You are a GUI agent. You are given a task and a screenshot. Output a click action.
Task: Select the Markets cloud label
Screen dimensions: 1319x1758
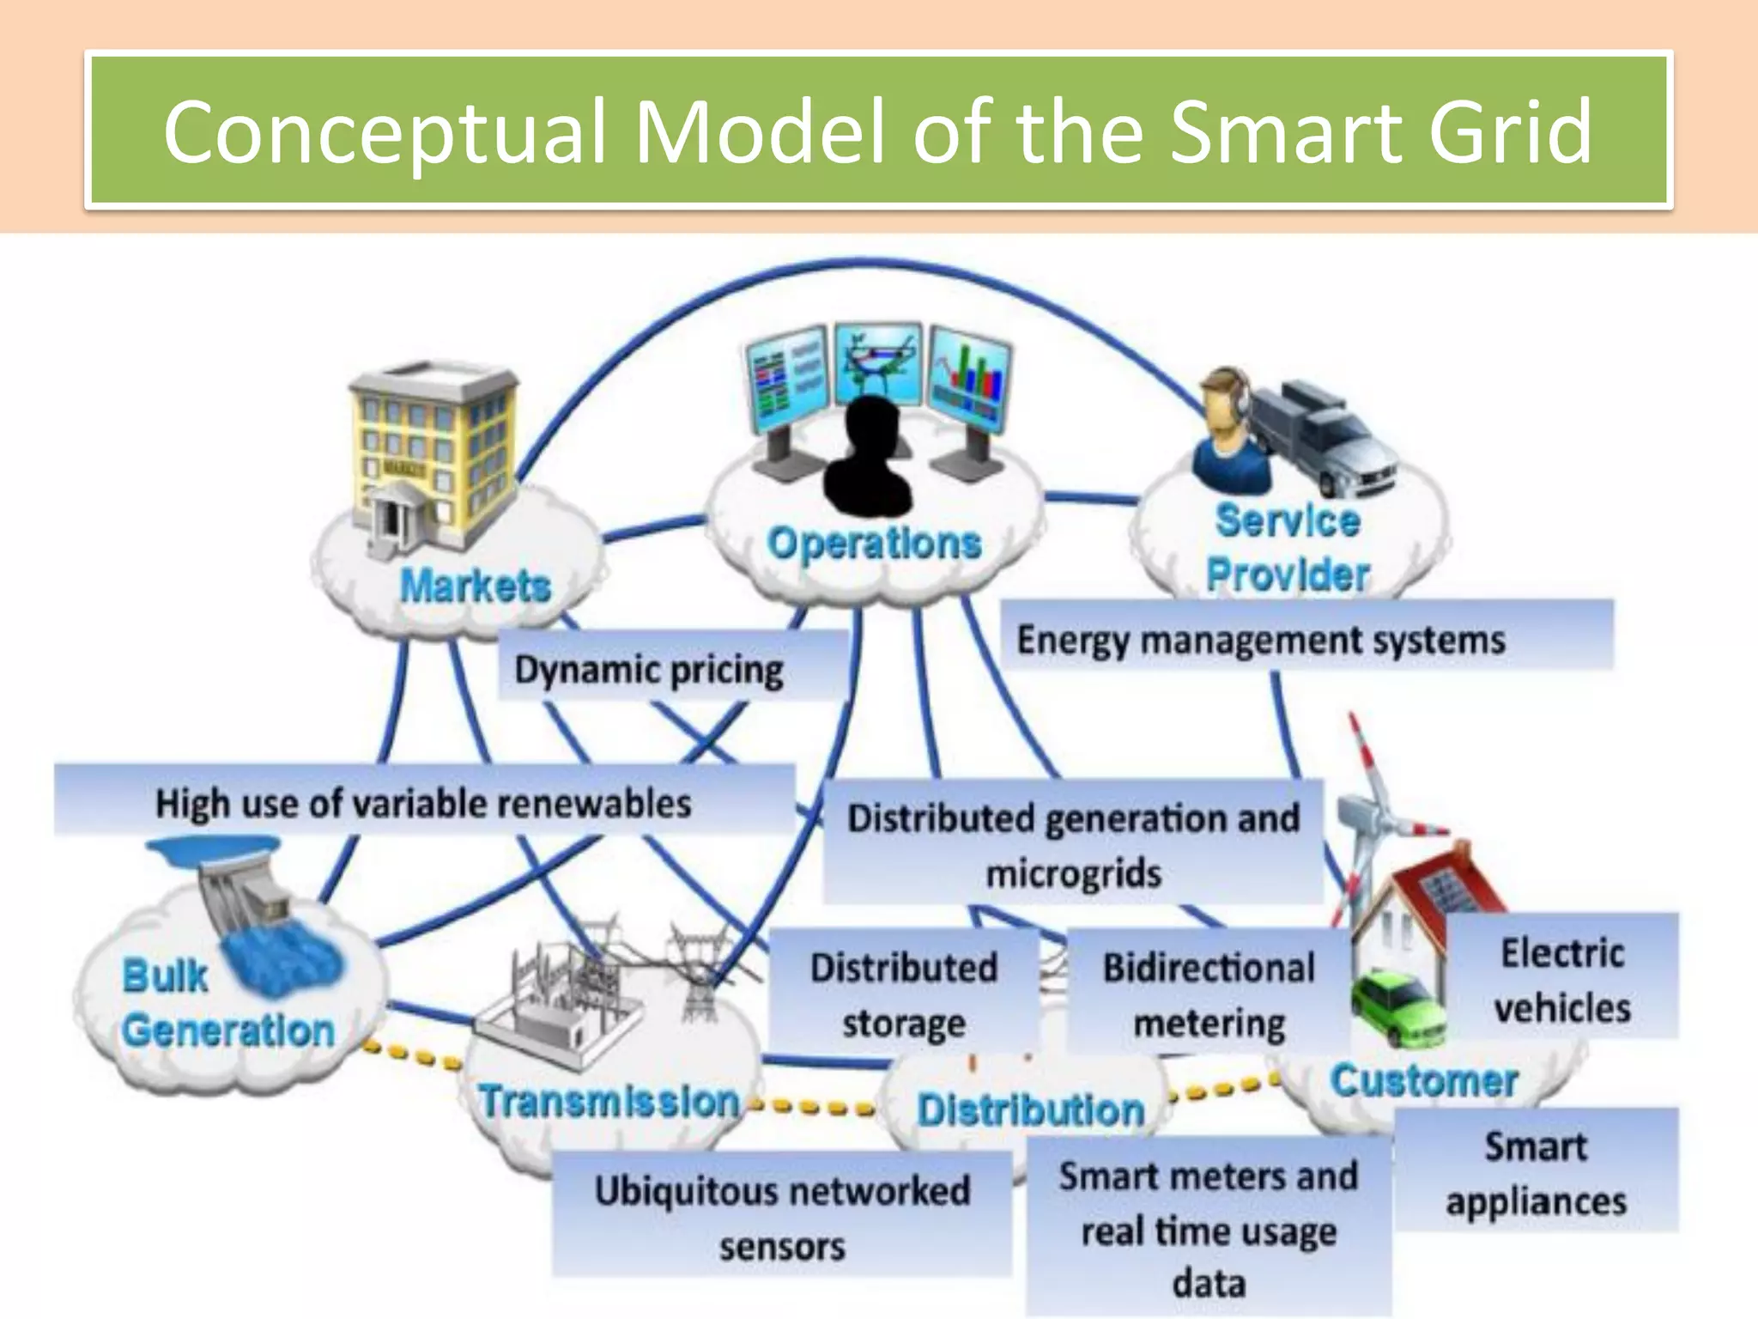[x=475, y=587]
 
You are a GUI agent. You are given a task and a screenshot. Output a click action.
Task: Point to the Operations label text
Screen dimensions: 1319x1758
[x=874, y=544]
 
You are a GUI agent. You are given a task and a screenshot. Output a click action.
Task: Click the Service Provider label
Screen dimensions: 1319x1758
[x=1288, y=548]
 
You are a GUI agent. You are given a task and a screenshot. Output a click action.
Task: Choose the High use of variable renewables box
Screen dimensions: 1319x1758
[x=423, y=803]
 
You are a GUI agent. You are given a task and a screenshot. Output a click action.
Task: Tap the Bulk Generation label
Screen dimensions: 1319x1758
[x=227, y=1003]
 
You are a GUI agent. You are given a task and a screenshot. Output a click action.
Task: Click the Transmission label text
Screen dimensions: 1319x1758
[x=609, y=1101]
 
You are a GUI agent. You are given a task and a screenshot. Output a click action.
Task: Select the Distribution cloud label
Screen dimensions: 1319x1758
[x=1031, y=1109]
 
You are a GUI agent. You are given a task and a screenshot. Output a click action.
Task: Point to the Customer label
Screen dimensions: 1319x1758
[x=1424, y=1080]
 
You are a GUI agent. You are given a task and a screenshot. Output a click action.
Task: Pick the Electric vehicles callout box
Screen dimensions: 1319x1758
[x=1562, y=979]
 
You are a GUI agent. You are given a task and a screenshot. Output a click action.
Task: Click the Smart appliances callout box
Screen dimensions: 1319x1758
[x=1536, y=1172]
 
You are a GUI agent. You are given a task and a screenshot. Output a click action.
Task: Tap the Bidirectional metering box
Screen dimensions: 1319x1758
[x=1209, y=994]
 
